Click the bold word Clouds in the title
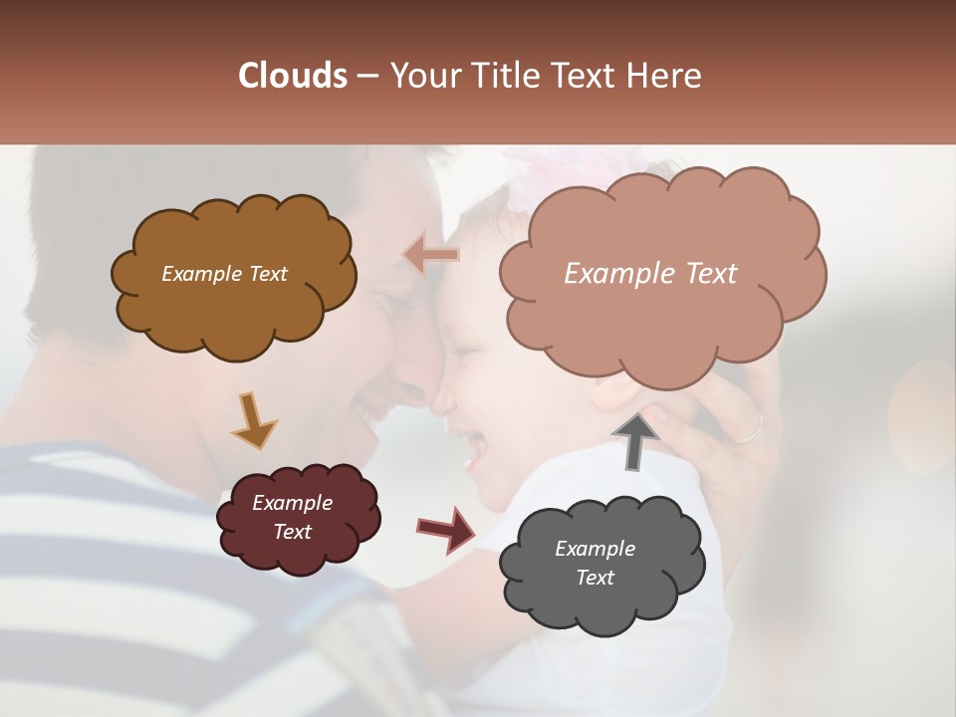point(293,76)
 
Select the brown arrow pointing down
point(253,419)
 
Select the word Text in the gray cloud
point(595,578)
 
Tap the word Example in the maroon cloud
point(292,503)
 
